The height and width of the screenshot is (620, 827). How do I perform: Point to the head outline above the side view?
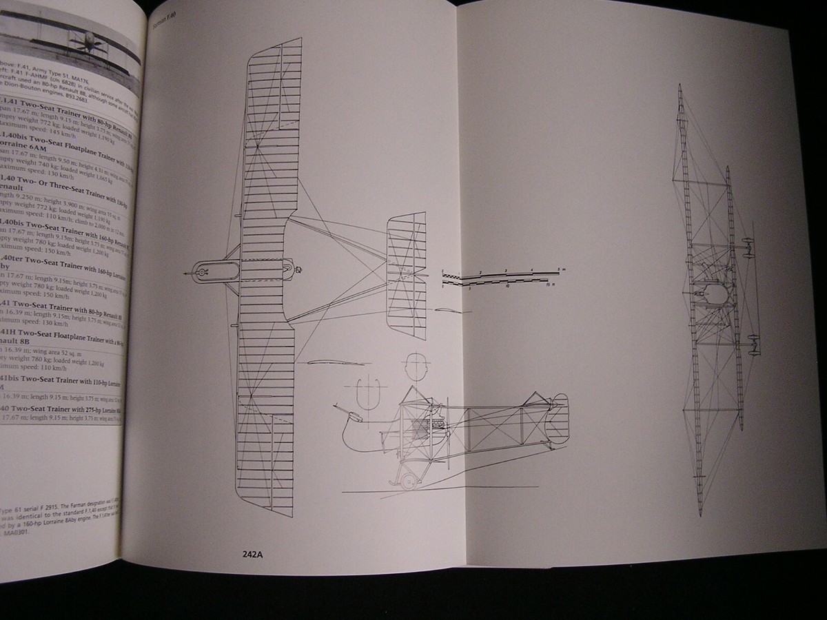pos(414,366)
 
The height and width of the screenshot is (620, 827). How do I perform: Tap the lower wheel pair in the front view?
pos(754,344)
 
